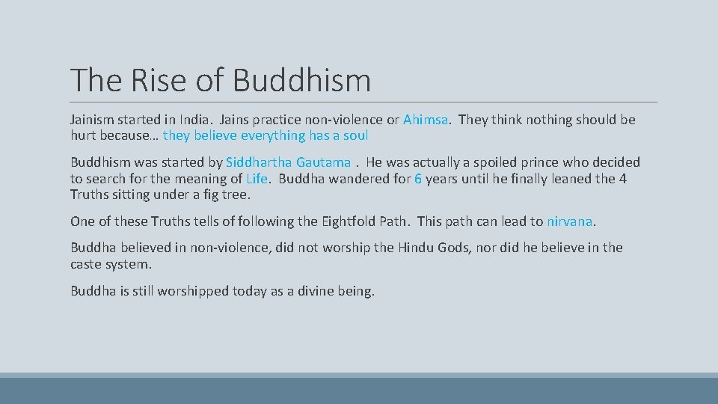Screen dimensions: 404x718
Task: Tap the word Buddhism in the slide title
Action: pos(301,80)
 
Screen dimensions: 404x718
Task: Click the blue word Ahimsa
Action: pos(426,120)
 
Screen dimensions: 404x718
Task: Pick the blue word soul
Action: pos(355,135)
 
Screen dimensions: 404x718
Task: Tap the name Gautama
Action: pos(323,162)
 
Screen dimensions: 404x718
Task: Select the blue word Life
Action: pos(257,179)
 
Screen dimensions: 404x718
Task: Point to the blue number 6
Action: pos(418,179)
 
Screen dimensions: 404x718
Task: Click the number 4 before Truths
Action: pos(623,179)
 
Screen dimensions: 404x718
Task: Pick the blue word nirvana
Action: pos(569,221)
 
